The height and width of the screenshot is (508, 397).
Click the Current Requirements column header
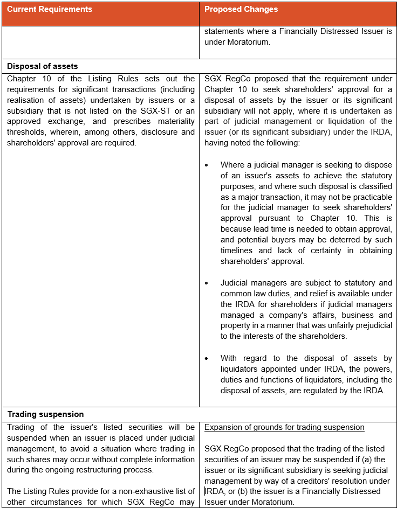pos(50,10)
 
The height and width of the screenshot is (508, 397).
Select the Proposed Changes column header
pos(241,10)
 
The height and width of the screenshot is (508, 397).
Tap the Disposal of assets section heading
pos(43,66)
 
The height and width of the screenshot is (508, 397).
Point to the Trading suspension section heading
pos(45,414)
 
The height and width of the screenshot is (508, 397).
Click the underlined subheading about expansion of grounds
pos(284,427)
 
